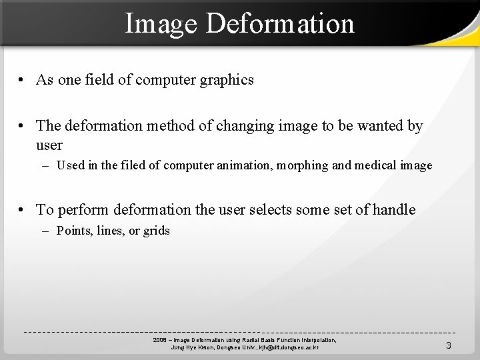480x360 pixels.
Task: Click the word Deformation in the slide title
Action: point(280,23)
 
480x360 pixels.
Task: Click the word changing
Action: point(232,126)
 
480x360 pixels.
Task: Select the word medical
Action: point(375,165)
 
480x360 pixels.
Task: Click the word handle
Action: point(393,210)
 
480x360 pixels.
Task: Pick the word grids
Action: point(156,231)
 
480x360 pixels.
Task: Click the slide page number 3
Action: point(449,345)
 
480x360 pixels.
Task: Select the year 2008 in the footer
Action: point(159,340)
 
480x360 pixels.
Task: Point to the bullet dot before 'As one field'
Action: point(22,80)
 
